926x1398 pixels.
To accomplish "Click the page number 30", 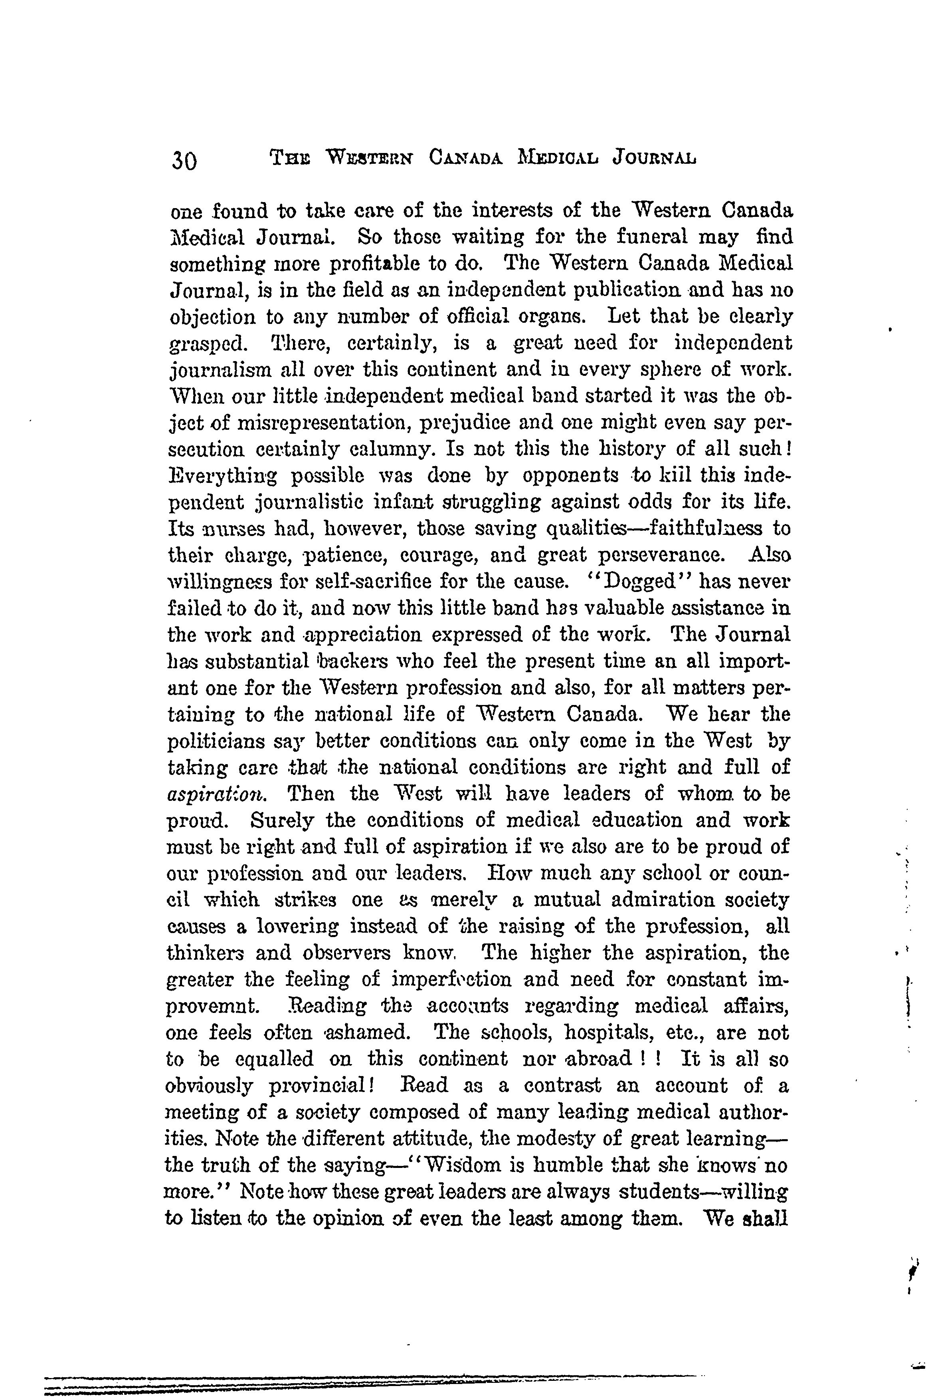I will tap(185, 160).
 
